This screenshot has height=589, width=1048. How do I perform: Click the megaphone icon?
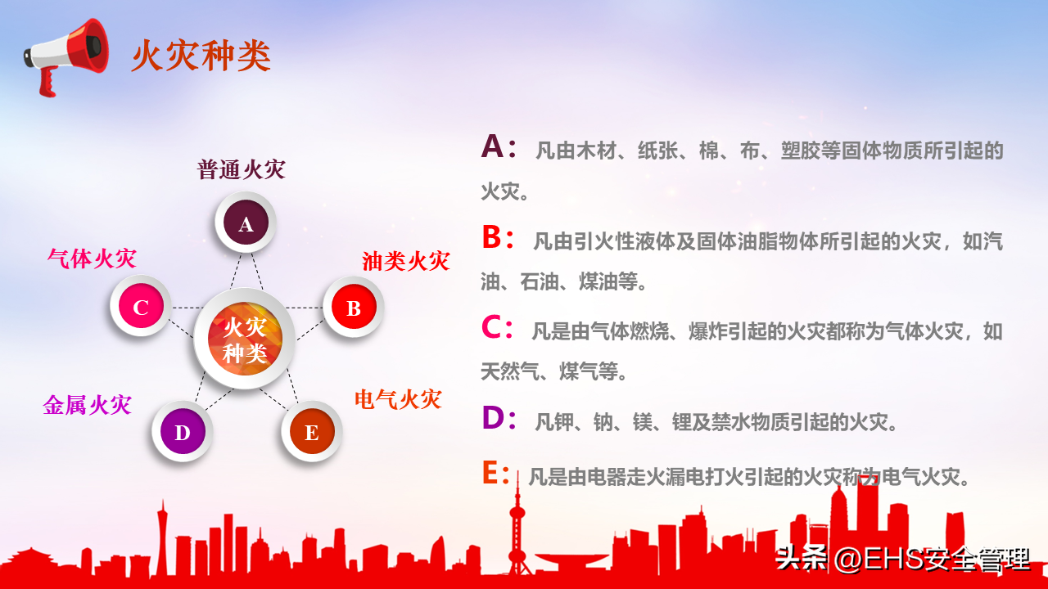pyautogui.click(x=65, y=56)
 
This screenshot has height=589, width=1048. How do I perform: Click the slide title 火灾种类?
pyautogui.click(x=201, y=56)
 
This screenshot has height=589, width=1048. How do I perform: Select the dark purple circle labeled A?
pyautogui.click(x=246, y=223)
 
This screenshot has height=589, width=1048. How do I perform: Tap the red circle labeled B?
pyautogui.click(x=354, y=307)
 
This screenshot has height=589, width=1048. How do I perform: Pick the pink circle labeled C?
pyautogui.click(x=141, y=306)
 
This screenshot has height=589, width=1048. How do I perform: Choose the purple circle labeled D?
pyautogui.click(x=183, y=431)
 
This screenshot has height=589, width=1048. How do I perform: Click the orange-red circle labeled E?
pyautogui.click(x=312, y=431)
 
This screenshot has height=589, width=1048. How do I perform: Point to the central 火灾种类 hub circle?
pyautogui.click(x=245, y=339)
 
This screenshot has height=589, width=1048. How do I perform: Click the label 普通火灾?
pyautogui.click(x=241, y=169)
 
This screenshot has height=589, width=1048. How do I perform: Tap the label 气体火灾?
pyautogui.click(x=93, y=259)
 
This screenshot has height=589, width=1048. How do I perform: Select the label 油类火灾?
pyautogui.click(x=406, y=261)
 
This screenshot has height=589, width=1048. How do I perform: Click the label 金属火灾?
pyautogui.click(x=87, y=405)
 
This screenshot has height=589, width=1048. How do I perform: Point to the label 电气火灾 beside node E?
pyautogui.click(x=398, y=400)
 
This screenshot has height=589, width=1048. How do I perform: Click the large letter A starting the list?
pyautogui.click(x=492, y=146)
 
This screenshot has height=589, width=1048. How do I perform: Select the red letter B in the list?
pyautogui.click(x=492, y=236)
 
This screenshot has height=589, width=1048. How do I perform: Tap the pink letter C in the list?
pyautogui.click(x=491, y=326)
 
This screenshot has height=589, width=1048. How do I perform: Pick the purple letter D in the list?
pyautogui.click(x=493, y=417)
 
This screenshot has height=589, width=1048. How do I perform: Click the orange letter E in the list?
pyautogui.click(x=490, y=472)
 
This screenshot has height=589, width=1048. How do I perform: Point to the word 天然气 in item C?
pyautogui.click(x=510, y=371)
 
